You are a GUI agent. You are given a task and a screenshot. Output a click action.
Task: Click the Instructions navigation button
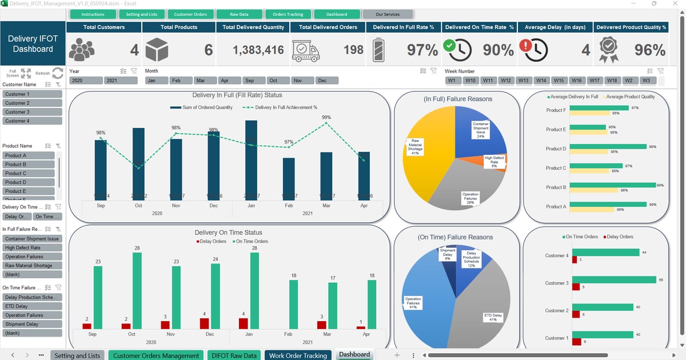click(93, 14)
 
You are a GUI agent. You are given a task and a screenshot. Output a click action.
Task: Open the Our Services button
click(388, 14)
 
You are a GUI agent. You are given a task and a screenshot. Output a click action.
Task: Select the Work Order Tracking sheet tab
click(298, 355)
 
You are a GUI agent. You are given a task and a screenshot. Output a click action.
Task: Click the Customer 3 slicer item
click(32, 112)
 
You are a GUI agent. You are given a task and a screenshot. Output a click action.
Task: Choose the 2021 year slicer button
click(121, 81)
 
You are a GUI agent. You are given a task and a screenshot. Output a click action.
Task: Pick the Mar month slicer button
click(207, 81)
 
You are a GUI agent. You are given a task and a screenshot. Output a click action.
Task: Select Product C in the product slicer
click(29, 173)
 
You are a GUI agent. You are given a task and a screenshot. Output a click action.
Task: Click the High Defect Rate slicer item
click(32, 247)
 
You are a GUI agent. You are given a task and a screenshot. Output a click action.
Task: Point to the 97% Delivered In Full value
click(422, 50)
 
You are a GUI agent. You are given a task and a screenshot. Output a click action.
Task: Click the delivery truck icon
click(306, 51)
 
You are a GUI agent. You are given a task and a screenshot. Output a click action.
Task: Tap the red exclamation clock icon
click(533, 50)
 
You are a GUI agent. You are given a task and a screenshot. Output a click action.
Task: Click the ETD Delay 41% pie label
click(493, 317)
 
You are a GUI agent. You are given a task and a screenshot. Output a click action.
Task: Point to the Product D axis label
click(556, 149)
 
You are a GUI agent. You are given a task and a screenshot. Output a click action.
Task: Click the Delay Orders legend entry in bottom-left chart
click(211, 241)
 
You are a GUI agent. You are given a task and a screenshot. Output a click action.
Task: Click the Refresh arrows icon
click(57, 73)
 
